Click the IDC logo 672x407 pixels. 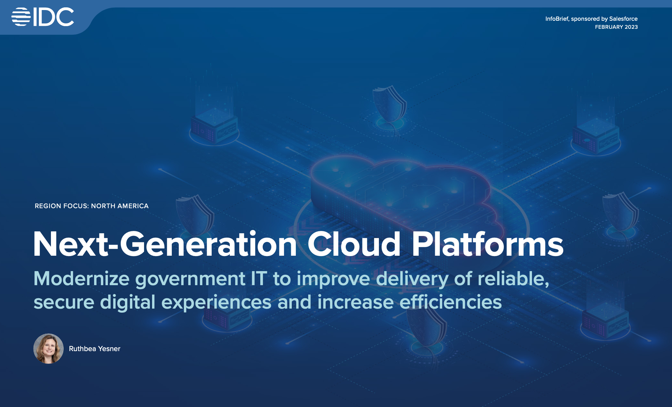(x=43, y=17)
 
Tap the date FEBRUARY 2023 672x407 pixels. (x=616, y=27)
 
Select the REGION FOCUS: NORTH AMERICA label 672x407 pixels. (x=91, y=206)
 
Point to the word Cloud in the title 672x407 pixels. (x=354, y=244)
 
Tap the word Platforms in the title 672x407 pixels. (x=487, y=244)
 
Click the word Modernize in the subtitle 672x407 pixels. (x=81, y=279)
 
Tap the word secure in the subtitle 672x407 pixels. (x=64, y=303)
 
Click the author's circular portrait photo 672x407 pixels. (x=48, y=348)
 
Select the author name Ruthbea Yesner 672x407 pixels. (x=94, y=349)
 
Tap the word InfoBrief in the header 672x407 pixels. (x=557, y=19)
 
